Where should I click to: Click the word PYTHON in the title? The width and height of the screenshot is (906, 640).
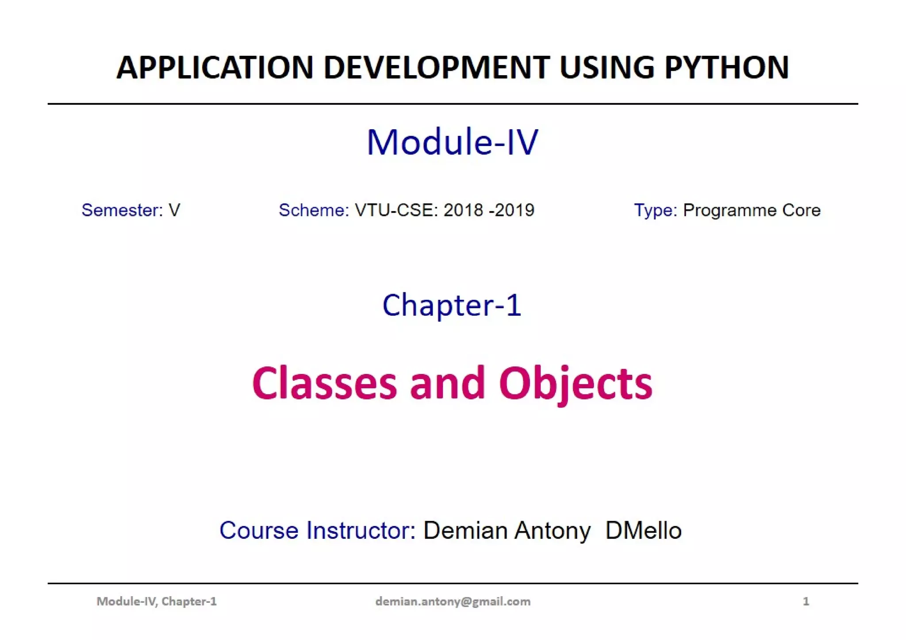pyautogui.click(x=726, y=68)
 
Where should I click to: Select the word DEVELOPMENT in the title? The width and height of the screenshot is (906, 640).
pyautogui.click(x=437, y=68)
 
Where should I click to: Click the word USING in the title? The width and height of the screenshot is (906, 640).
pyautogui.click(x=606, y=68)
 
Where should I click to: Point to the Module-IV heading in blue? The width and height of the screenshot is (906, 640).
pyautogui.click(x=453, y=142)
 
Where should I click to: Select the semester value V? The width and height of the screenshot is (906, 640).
pyautogui.click(x=174, y=210)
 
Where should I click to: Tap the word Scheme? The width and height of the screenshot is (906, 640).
pyautogui.click(x=314, y=210)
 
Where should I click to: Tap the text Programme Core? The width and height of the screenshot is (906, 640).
pyautogui.click(x=752, y=210)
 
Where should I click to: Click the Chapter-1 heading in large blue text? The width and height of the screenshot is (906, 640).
pyautogui.click(x=452, y=305)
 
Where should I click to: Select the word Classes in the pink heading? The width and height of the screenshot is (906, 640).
pyautogui.click(x=324, y=383)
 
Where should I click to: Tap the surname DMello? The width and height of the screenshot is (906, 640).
pyautogui.click(x=643, y=530)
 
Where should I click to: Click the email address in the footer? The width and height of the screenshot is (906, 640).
pyautogui.click(x=453, y=601)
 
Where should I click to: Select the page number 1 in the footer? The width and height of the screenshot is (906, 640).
pyautogui.click(x=806, y=601)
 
